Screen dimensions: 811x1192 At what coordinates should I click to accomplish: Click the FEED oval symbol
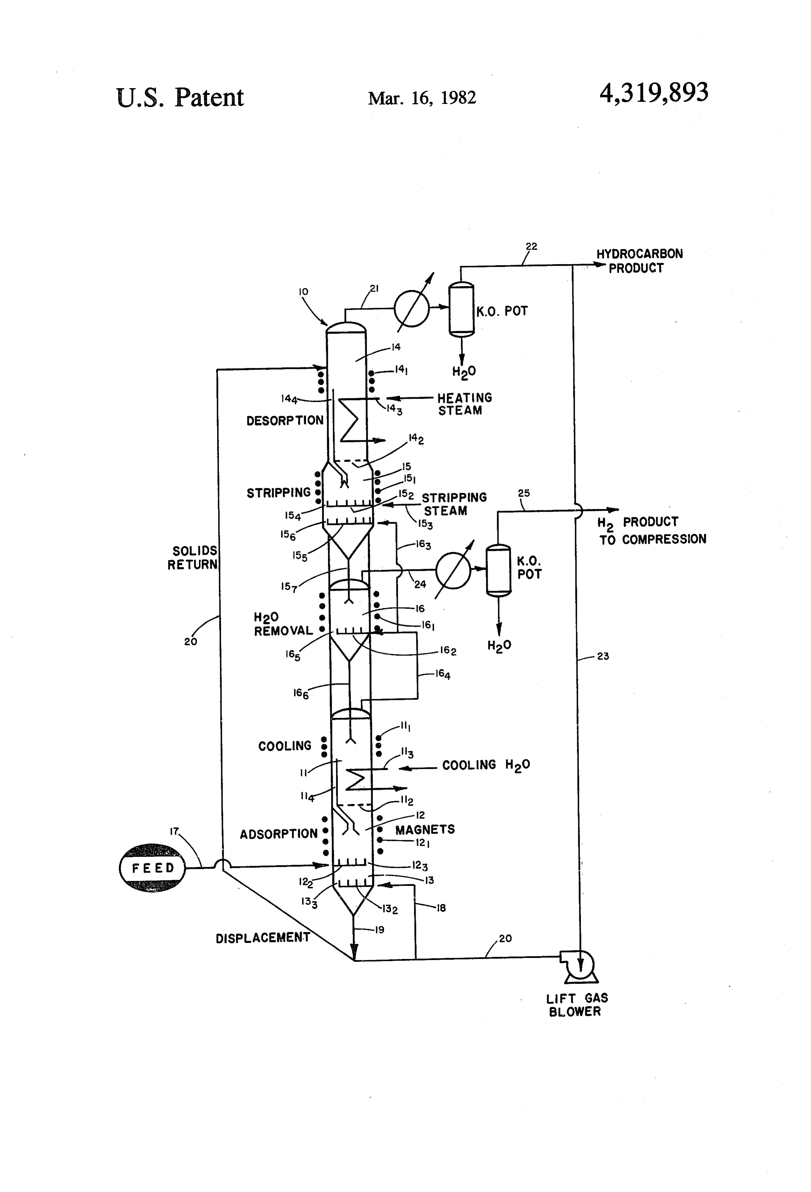point(152,867)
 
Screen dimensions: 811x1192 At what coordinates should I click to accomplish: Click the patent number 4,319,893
point(654,93)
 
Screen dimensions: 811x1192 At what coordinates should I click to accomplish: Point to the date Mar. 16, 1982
point(422,98)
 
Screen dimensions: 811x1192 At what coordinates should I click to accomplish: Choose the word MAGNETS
point(424,829)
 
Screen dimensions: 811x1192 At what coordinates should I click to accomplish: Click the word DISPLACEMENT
point(263,938)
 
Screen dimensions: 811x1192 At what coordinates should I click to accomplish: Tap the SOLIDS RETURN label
point(193,558)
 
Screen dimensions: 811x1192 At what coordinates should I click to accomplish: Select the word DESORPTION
point(285,420)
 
